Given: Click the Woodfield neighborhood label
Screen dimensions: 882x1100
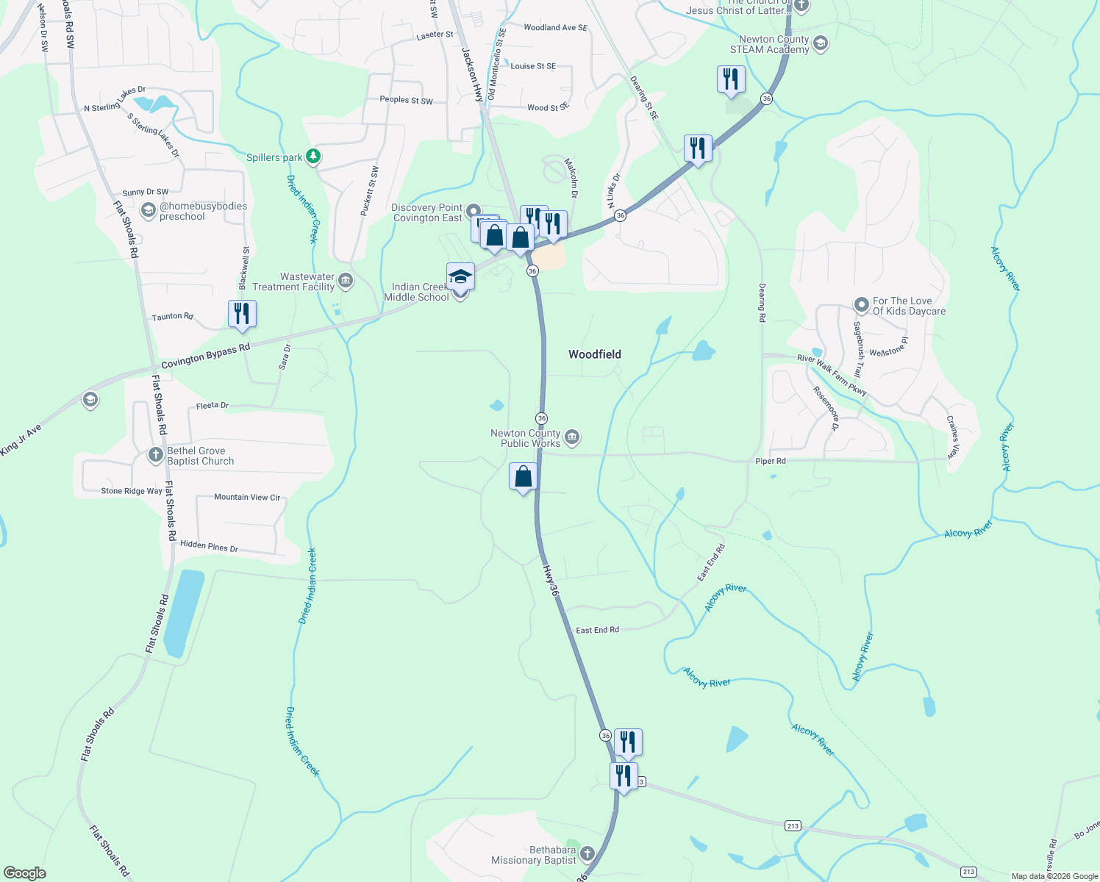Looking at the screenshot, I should pyautogui.click(x=594, y=354).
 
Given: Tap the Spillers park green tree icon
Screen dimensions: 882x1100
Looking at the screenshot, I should pyautogui.click(x=314, y=156).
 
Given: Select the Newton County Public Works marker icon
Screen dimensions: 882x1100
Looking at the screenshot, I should pyautogui.click(x=572, y=438).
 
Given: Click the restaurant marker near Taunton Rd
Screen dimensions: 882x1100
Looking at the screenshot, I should pyautogui.click(x=242, y=314).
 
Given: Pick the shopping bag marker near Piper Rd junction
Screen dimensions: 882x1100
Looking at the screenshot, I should pyautogui.click(x=523, y=477).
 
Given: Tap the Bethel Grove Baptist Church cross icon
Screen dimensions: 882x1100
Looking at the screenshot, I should pyautogui.click(x=155, y=455).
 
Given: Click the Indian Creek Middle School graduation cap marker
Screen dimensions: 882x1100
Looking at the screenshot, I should pyautogui.click(x=460, y=277).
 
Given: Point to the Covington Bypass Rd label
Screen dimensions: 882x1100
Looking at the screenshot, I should pyautogui.click(x=205, y=356).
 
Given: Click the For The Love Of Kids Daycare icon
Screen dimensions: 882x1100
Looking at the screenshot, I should pyautogui.click(x=862, y=304).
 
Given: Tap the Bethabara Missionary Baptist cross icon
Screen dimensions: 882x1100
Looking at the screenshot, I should pyautogui.click(x=587, y=853).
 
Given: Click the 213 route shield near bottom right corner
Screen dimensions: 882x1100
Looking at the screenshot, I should pyautogui.click(x=968, y=872).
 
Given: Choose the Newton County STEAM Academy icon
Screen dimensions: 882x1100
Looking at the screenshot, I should pyautogui.click(x=821, y=44).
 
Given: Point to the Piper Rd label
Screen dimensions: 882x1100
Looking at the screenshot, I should pyautogui.click(x=770, y=461).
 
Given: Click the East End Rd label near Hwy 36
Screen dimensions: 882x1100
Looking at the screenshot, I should pyautogui.click(x=597, y=630).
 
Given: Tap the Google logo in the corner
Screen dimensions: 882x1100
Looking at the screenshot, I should pyautogui.click(x=25, y=873).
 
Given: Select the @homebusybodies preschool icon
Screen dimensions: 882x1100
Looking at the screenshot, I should pyautogui.click(x=148, y=212).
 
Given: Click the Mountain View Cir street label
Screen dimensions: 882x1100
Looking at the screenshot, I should pyautogui.click(x=247, y=498).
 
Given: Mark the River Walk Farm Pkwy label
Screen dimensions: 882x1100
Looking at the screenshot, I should pyautogui.click(x=832, y=375).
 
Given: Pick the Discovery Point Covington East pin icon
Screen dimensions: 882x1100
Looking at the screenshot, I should pyautogui.click(x=474, y=212).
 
